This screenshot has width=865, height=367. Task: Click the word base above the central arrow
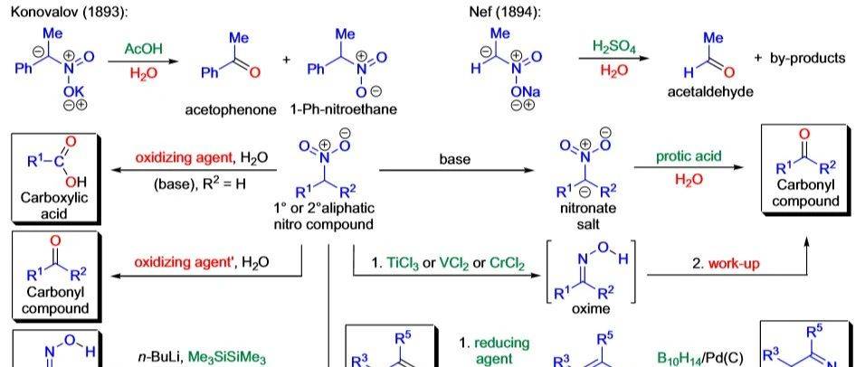tap(455, 159)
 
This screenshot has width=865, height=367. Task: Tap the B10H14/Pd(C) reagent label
tap(702, 357)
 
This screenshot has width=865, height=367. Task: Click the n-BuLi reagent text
tap(160, 358)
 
